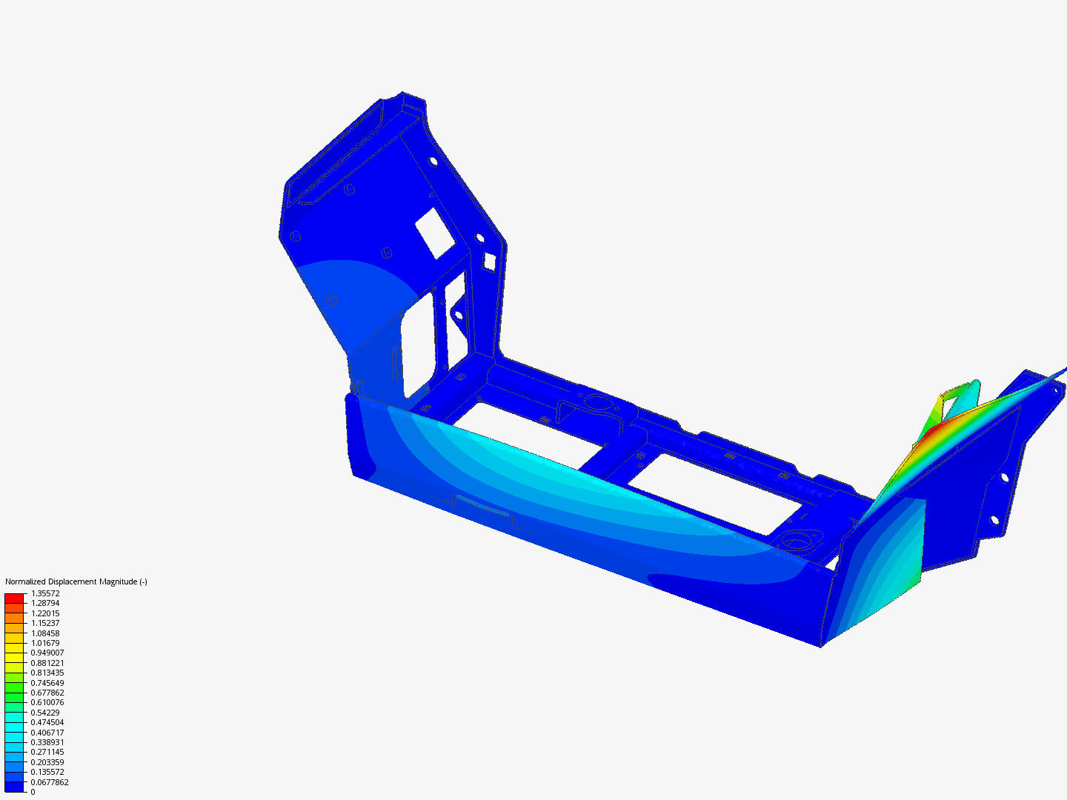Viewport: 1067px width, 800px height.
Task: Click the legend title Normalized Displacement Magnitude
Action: [76, 581]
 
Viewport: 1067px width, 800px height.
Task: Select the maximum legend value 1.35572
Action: [45, 593]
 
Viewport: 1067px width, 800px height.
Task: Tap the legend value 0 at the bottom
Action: [33, 792]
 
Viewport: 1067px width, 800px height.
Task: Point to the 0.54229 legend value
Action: [45, 713]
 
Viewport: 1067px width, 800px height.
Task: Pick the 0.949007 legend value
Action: [47, 653]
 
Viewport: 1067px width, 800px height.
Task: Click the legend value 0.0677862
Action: [50, 782]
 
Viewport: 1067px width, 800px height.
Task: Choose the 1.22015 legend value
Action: [45, 613]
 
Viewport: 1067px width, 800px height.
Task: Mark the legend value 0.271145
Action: [47, 752]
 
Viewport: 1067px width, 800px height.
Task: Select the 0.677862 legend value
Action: [47, 693]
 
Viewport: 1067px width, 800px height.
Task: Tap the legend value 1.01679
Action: [45, 643]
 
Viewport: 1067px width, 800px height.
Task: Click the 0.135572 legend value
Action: [47, 772]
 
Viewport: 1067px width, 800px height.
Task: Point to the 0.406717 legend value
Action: [47, 733]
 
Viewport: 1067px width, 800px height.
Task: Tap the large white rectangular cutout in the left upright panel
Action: [434, 233]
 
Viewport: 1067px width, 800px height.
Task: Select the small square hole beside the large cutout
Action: [489, 261]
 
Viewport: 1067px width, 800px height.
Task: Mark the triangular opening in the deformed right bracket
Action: [960, 400]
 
